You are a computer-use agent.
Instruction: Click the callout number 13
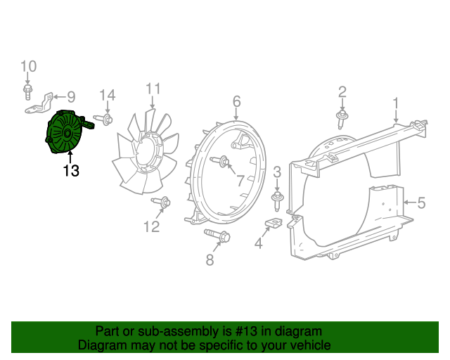tap(70, 170)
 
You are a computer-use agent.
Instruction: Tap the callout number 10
tap(28, 67)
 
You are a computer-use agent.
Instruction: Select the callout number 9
tap(70, 97)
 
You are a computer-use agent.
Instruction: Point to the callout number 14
tap(107, 96)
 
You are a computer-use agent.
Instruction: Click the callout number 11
tap(153, 89)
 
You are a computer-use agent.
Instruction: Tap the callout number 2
tap(342, 91)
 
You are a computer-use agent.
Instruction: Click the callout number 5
tap(421, 203)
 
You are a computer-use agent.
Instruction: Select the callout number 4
tap(258, 244)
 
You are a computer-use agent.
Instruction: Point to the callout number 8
tap(210, 260)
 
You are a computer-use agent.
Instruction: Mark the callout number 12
tap(152, 226)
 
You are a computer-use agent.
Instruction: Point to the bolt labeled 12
tap(161, 203)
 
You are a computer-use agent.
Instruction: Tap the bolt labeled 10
tap(27, 91)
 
